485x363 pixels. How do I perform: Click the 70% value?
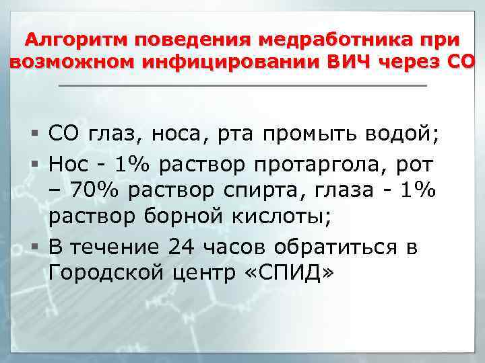point(87,191)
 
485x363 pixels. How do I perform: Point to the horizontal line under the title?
point(243,86)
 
